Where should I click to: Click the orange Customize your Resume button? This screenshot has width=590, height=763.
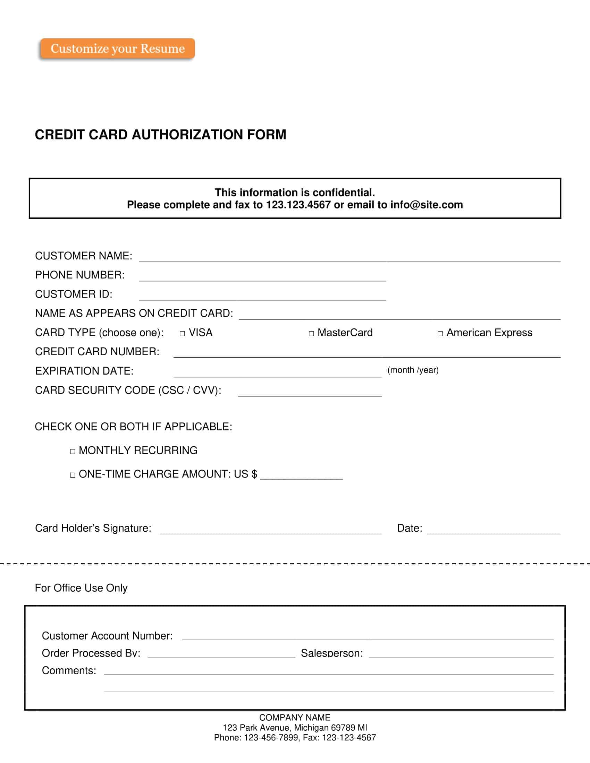pyautogui.click(x=117, y=49)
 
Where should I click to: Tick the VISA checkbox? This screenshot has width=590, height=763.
pyautogui.click(x=182, y=334)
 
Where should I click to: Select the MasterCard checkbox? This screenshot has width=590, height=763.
pyautogui.click(x=311, y=334)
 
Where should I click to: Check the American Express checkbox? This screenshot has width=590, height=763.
pyautogui.click(x=440, y=334)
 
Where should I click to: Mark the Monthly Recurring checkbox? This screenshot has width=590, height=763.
pyautogui.click(x=72, y=451)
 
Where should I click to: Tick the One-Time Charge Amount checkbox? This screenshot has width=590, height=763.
pyautogui.click(x=72, y=475)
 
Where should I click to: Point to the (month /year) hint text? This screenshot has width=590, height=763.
pyautogui.click(x=413, y=370)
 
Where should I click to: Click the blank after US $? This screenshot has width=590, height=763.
pyautogui.click(x=301, y=475)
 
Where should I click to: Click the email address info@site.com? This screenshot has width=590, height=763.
pyautogui.click(x=427, y=205)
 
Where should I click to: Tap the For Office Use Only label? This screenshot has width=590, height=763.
pyautogui.click(x=81, y=588)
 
